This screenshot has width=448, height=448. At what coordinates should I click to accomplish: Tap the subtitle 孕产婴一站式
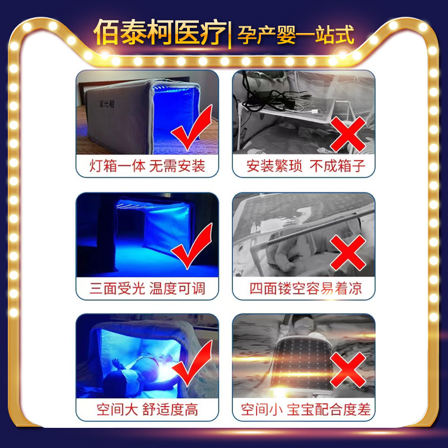295,34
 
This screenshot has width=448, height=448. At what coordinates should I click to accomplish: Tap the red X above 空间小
348,370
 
